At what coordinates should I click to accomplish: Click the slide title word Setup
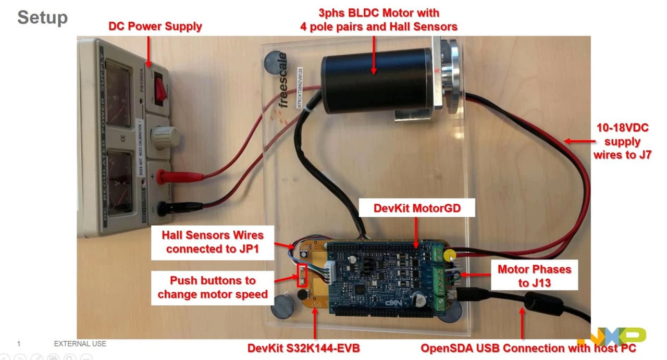coord(42,18)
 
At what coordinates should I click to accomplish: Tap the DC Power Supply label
coord(155,26)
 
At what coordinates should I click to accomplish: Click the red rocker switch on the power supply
coord(160,92)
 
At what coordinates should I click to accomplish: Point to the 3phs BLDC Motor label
coord(378,19)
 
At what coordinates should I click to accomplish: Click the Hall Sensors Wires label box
coord(213,242)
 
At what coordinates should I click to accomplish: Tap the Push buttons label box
coord(213,287)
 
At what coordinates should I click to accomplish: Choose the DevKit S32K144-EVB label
coord(303,347)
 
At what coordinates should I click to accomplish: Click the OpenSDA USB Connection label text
coord(528,347)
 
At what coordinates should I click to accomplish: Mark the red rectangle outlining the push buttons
coord(302,275)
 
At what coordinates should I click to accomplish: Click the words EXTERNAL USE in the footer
coord(80,344)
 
